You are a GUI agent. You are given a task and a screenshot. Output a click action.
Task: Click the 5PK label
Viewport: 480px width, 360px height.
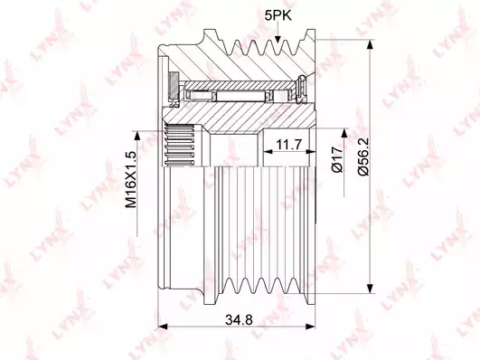(x=278, y=15)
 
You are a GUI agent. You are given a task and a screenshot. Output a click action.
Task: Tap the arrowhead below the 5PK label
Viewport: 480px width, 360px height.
(x=278, y=38)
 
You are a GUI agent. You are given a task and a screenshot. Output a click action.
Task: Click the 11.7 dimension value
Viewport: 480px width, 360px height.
(x=289, y=145)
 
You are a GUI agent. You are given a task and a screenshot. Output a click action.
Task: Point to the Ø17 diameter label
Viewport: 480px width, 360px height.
(x=337, y=159)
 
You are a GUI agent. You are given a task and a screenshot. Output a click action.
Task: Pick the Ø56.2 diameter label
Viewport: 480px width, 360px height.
(x=363, y=156)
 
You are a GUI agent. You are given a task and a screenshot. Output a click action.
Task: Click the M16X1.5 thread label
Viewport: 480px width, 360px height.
(x=131, y=179)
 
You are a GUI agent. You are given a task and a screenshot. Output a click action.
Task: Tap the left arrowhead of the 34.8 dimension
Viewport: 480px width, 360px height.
(x=162, y=327)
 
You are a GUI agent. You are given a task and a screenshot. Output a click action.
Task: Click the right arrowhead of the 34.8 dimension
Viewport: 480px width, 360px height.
(x=310, y=327)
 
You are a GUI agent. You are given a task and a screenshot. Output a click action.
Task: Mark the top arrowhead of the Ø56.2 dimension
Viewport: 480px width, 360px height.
(x=370, y=44)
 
